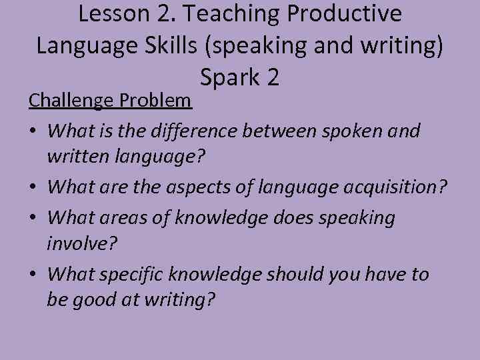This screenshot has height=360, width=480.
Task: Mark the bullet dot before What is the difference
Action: click(x=33, y=131)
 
